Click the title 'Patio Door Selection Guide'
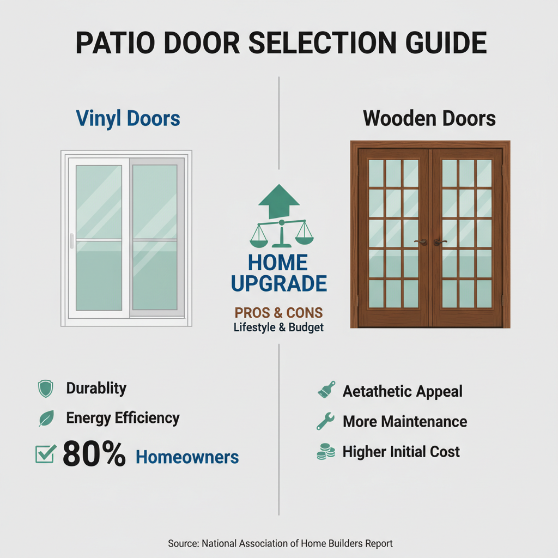pos(279,43)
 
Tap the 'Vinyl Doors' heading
pos(128,118)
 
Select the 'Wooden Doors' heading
pos(429,118)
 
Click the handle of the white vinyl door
pos(71,241)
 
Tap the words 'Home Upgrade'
pos(279,273)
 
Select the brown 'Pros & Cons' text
pos(278,313)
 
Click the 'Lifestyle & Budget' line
pos(278,327)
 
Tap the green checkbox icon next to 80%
pos(45,454)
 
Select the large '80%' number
pos(94,454)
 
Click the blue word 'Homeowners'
pos(187,457)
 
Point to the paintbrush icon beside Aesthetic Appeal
pos(326,390)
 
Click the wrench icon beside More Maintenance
pos(325,421)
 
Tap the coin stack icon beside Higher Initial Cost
pos(325,451)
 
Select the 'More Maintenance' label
pos(404,421)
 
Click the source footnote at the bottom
pos(279,543)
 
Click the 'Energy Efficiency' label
pos(123,418)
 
